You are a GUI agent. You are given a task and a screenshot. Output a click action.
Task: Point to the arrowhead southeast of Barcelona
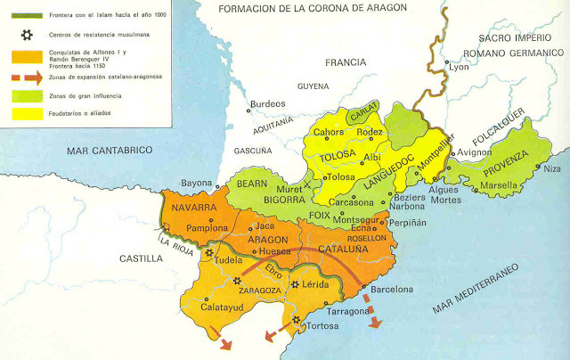pos(377,323)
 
